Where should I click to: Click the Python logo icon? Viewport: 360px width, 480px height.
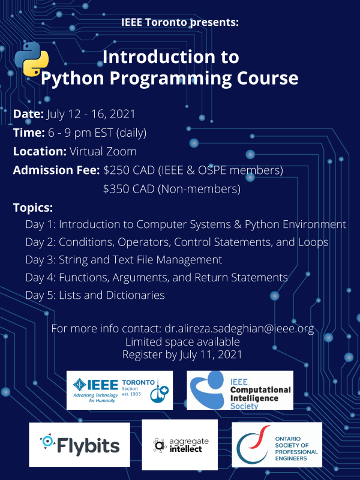coord(32,59)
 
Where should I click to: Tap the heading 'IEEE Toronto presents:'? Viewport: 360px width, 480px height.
coord(179,22)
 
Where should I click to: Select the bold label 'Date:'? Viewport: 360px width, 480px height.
coord(28,114)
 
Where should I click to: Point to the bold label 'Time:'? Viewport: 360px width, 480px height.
coord(29,133)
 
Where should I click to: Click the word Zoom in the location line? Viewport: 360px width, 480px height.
coord(121,152)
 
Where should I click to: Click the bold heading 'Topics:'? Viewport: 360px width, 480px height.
coord(33,208)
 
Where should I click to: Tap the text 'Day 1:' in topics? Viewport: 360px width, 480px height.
coord(41,224)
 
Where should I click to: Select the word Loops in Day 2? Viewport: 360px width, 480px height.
coord(313,242)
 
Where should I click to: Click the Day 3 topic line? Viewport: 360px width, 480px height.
coord(124,260)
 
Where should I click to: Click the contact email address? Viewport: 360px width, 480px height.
coord(239,328)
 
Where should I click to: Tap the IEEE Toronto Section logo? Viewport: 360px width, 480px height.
coord(119,390)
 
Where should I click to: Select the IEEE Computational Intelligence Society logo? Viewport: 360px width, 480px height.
coord(240,390)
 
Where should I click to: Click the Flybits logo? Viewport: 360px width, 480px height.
coord(80,445)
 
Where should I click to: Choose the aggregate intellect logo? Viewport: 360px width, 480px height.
coord(179,445)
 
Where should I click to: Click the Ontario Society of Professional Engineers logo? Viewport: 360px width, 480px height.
coord(277,445)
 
